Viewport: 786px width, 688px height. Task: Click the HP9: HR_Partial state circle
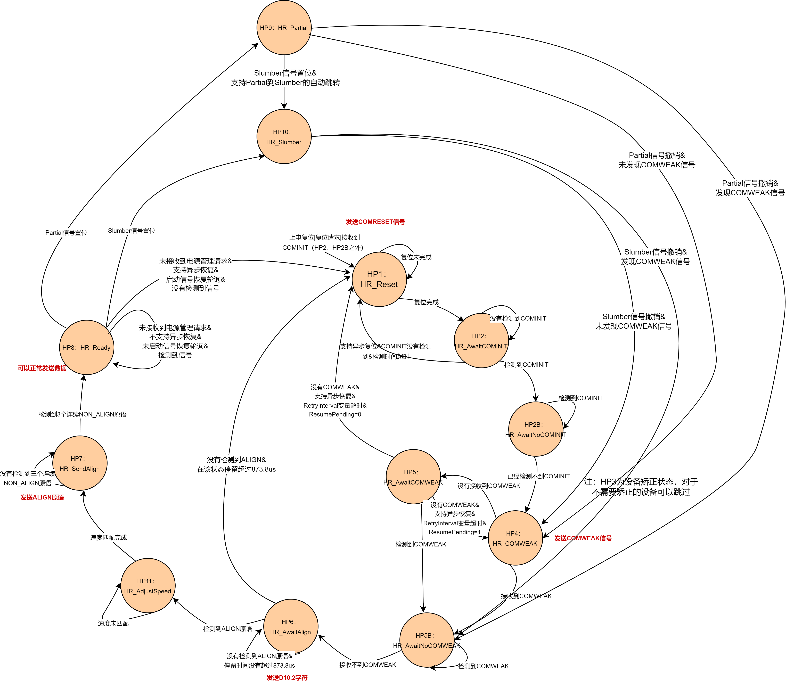pyautogui.click(x=284, y=28)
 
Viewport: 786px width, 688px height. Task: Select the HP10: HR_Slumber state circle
pyautogui.click(x=284, y=137)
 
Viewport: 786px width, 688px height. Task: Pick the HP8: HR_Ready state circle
pyautogui.click(x=87, y=347)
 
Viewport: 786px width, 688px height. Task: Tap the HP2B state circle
pyautogui.click(x=536, y=429)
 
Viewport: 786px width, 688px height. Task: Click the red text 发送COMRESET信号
pyautogui.click(x=375, y=222)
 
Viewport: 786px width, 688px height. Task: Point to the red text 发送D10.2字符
pyautogui.click(x=287, y=678)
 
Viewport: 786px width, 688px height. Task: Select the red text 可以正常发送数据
pyautogui.click(x=42, y=368)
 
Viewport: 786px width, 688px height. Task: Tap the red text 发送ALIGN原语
pyautogui.click(x=42, y=498)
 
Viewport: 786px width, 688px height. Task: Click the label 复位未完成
pyautogui.click(x=416, y=257)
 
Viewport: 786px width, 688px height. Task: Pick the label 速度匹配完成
pyautogui.click(x=109, y=537)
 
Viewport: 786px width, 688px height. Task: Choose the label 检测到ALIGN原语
pyautogui.click(x=228, y=628)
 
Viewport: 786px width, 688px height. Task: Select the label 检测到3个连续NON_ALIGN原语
pyautogui.click(x=83, y=414)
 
